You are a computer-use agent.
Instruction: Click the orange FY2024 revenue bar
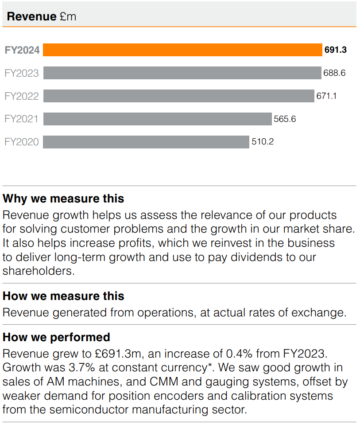[182, 50]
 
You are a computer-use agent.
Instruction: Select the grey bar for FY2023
[182, 73]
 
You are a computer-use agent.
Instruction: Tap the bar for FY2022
[178, 96]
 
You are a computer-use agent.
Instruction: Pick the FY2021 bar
[157, 119]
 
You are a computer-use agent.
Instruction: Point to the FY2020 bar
[146, 142]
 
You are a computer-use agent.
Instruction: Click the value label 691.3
[335, 50]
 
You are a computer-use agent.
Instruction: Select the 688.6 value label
[334, 73]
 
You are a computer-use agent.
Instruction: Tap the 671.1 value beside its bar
[326, 96]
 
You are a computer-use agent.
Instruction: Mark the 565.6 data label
[285, 119]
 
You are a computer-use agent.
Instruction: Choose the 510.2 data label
[263, 142]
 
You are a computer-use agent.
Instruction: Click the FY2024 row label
[22, 50]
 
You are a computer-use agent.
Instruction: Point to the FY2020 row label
[22, 142]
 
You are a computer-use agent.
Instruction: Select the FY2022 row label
[22, 96]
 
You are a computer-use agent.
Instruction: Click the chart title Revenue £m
[42, 17]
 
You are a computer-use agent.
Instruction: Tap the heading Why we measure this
[63, 199]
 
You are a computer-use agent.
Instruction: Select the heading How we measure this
[63, 296]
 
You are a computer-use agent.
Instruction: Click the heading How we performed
[56, 337]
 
